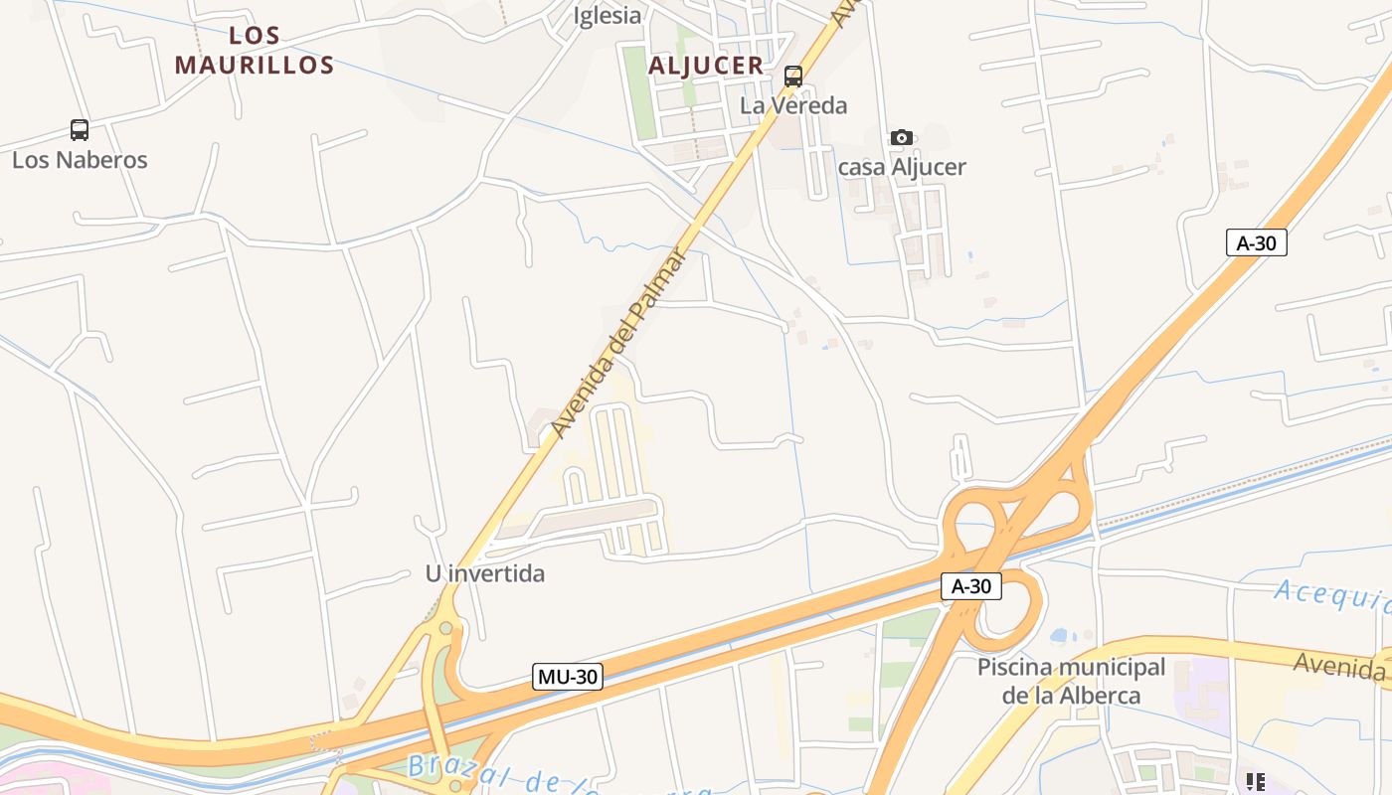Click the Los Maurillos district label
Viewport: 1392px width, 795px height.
click(x=254, y=51)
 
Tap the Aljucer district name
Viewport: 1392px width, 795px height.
click(x=706, y=67)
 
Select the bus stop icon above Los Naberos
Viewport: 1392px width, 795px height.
click(x=80, y=129)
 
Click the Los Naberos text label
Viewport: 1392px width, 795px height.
click(x=80, y=160)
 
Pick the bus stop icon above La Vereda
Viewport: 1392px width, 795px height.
click(x=793, y=76)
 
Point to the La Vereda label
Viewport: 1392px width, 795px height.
click(x=793, y=105)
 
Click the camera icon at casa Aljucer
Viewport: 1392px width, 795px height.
click(x=902, y=137)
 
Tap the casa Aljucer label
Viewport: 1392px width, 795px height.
click(x=902, y=167)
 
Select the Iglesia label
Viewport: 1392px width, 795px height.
click(x=608, y=16)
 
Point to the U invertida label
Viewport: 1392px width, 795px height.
click(x=485, y=573)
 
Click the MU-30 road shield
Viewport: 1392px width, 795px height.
click(x=568, y=678)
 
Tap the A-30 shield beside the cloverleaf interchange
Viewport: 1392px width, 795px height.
click(x=971, y=586)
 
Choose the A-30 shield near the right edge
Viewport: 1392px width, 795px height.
click(x=1257, y=242)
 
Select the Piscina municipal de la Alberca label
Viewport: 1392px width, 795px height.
click(x=1071, y=681)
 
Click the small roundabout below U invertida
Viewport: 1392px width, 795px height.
click(x=445, y=628)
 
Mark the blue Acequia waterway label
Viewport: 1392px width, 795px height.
click(x=1332, y=596)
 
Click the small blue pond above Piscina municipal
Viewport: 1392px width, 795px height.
click(x=1060, y=635)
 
